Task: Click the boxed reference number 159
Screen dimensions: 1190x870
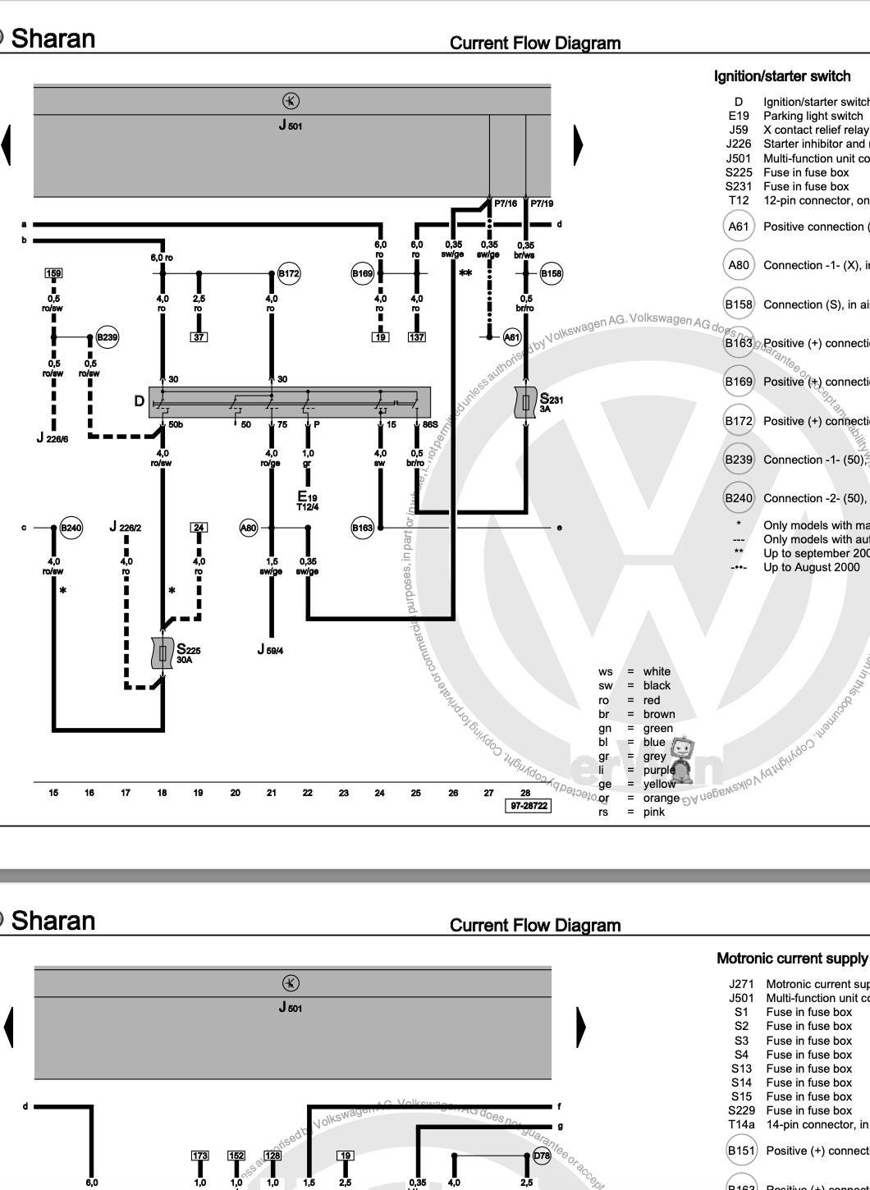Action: click(x=53, y=273)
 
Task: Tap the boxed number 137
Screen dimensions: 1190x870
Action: click(x=417, y=336)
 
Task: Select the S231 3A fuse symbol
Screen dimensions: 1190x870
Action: click(x=526, y=402)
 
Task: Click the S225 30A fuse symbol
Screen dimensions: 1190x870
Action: click(x=163, y=653)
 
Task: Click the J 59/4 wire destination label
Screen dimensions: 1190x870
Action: click(x=271, y=650)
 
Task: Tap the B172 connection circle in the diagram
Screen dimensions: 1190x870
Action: click(x=288, y=273)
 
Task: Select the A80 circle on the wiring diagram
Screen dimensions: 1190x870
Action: click(x=249, y=528)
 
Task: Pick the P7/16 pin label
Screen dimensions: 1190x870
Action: click(x=506, y=204)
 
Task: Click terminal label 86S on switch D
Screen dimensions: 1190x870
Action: click(x=430, y=424)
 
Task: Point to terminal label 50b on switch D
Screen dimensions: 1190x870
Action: click(x=176, y=424)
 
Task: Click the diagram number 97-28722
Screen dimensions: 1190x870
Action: click(x=529, y=806)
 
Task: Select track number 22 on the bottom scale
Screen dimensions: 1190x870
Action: click(x=307, y=793)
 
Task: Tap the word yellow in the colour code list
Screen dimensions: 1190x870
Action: click(x=659, y=784)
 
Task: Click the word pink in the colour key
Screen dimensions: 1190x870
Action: click(x=654, y=812)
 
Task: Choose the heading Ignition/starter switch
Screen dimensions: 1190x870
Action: click(x=781, y=76)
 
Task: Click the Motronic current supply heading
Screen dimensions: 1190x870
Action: click(x=791, y=959)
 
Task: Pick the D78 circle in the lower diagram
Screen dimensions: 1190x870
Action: click(x=542, y=1156)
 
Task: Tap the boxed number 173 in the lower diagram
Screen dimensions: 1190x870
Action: click(x=200, y=1156)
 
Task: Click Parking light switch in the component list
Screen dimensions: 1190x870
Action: click(x=813, y=116)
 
